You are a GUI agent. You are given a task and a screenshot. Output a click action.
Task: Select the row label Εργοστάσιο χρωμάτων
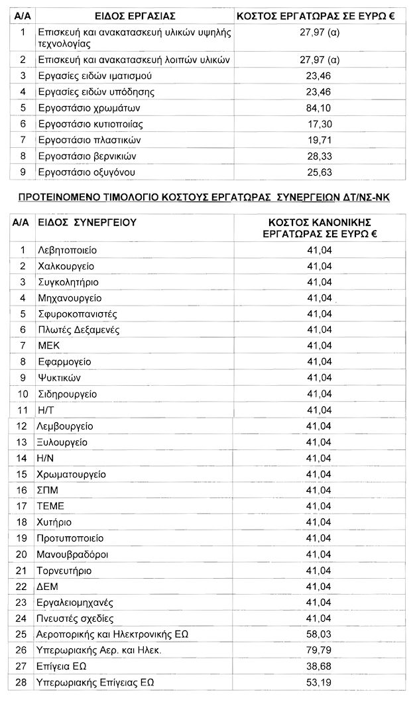point(90,108)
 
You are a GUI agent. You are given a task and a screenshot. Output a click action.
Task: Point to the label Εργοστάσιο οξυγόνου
point(87,172)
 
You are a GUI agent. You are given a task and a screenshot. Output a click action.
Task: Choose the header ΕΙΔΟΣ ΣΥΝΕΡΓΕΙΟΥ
point(88,223)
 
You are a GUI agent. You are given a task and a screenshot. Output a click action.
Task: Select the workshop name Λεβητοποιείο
point(68,250)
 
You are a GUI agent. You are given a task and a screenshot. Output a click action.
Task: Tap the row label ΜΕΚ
point(50,345)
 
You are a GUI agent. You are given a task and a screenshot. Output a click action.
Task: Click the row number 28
point(23,682)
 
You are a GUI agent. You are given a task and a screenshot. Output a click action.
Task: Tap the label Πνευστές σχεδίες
point(76,618)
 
